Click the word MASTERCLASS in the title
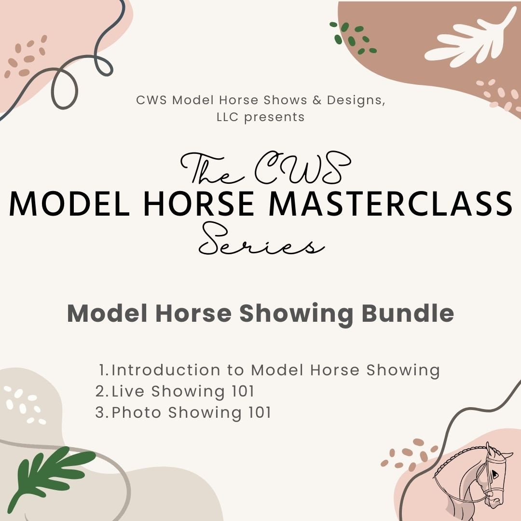coord(390,203)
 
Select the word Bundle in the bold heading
coord(408,314)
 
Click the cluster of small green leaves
coord(352,38)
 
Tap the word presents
coord(274,117)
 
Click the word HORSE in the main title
coord(199,203)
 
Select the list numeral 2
coord(100,391)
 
